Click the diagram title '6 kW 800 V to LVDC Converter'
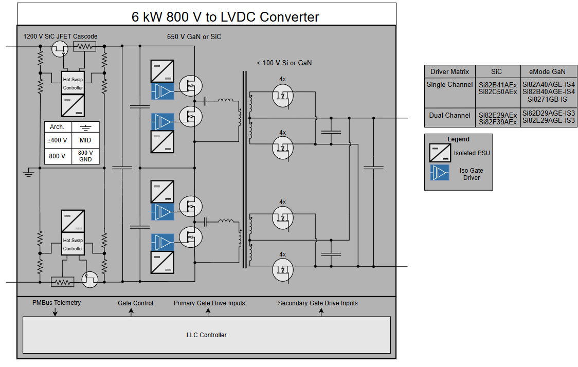(x=225, y=17)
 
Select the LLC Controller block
(x=206, y=335)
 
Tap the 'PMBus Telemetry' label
(x=57, y=303)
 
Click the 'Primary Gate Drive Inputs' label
(x=209, y=303)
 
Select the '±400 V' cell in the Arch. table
(x=58, y=140)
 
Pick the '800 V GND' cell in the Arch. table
(x=85, y=156)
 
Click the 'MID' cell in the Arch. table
(x=85, y=140)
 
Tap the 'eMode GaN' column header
(x=548, y=71)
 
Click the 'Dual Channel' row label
(x=450, y=115)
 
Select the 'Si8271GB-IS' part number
(x=548, y=99)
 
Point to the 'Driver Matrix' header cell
(x=450, y=71)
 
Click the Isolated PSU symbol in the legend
(x=440, y=153)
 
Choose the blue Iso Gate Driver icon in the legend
(x=440, y=172)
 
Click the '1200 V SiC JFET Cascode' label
(x=61, y=36)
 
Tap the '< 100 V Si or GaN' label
(x=284, y=63)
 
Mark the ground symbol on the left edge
(x=29, y=173)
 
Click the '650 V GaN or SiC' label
(x=194, y=36)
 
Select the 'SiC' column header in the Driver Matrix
(x=497, y=71)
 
